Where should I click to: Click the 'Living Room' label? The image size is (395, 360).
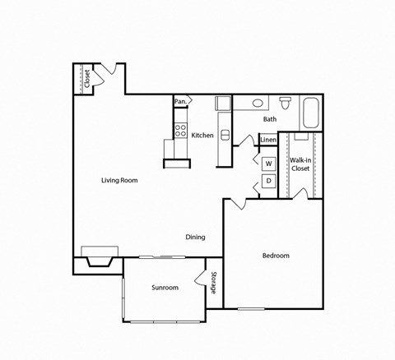pyautogui.click(x=119, y=180)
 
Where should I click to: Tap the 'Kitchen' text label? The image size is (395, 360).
pyautogui.click(x=202, y=135)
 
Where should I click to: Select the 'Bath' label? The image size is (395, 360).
pyautogui.click(x=270, y=119)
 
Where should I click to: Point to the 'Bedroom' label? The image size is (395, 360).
pyautogui.click(x=276, y=256)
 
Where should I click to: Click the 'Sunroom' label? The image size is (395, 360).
pyautogui.click(x=165, y=288)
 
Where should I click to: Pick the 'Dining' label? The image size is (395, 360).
pyautogui.click(x=195, y=237)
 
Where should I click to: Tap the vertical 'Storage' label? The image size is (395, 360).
pyautogui.click(x=214, y=283)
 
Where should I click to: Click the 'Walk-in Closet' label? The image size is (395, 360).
pyautogui.click(x=300, y=164)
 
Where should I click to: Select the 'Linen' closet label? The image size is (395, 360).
pyautogui.click(x=268, y=140)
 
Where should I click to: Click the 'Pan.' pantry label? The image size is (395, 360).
pyautogui.click(x=180, y=102)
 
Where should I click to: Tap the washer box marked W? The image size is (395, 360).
pyautogui.click(x=268, y=163)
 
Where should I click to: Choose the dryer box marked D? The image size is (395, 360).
pyautogui.click(x=268, y=182)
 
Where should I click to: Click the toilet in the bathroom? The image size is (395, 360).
pyautogui.click(x=286, y=104)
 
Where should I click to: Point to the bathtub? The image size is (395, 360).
pyautogui.click(x=311, y=113)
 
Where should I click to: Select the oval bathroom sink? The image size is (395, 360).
pyautogui.click(x=258, y=104)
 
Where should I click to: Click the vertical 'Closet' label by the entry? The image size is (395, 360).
pyautogui.click(x=86, y=78)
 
